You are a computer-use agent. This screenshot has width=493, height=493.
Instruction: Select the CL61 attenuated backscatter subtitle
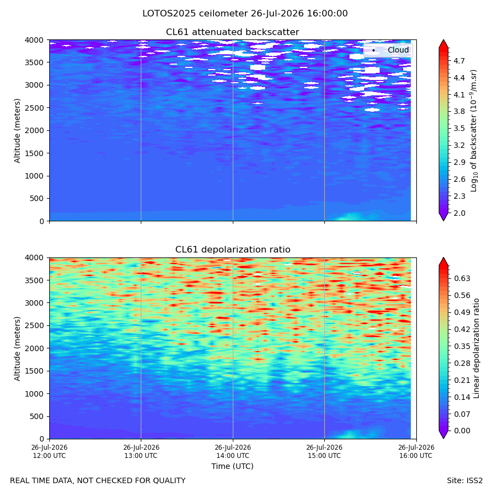232,32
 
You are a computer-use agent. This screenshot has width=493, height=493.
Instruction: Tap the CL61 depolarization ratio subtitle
233,250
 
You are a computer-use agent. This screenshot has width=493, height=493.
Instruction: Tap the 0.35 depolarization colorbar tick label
462,346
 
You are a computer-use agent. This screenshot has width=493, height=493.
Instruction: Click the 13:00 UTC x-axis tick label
141,451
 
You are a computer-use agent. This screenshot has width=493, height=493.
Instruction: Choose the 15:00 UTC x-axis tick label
324,451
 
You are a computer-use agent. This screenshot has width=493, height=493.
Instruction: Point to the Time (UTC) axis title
232,466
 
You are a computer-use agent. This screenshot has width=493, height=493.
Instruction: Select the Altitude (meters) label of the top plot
17,131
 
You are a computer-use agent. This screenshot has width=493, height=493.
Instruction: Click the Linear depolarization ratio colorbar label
476,348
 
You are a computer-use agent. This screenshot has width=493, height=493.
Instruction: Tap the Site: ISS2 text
465,481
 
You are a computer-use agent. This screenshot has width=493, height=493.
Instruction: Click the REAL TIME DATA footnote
98,481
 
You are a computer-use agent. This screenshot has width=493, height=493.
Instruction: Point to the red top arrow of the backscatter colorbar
443,44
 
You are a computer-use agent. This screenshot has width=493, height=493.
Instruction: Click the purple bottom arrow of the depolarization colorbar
443,434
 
